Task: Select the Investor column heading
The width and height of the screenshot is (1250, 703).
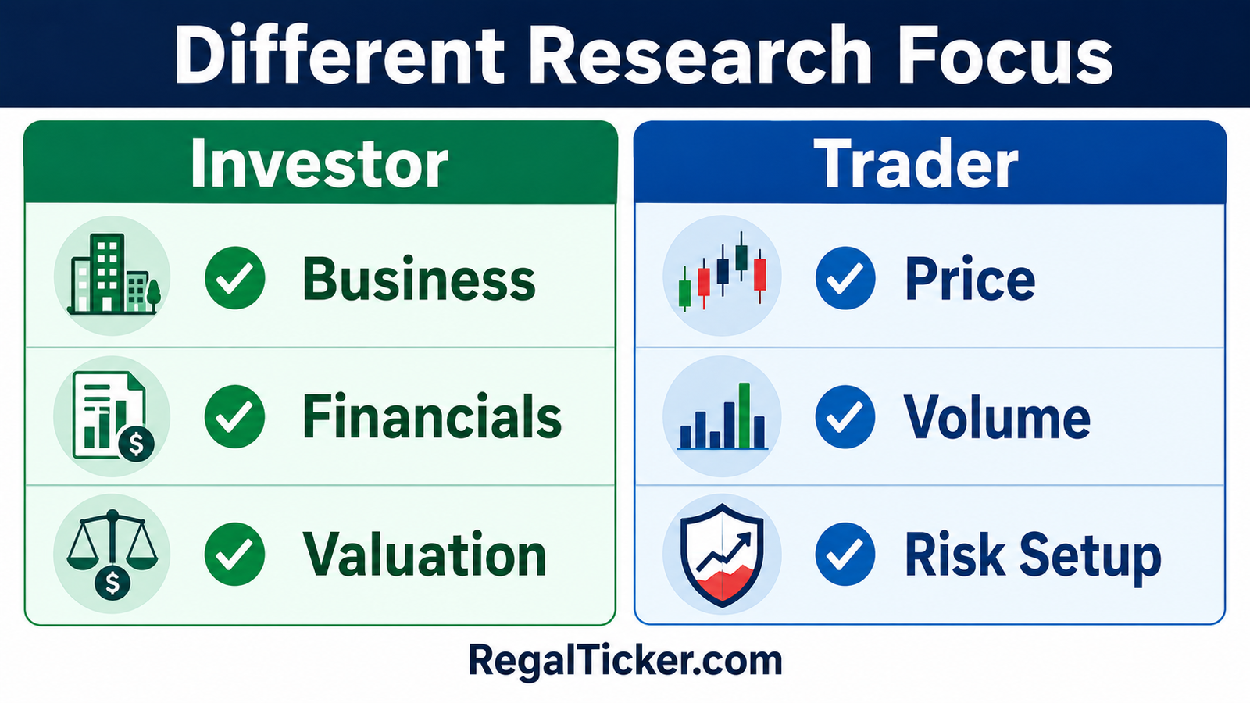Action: point(320,163)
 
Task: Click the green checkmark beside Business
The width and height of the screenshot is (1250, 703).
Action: point(234,278)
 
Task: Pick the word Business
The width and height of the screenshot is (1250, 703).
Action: point(419,278)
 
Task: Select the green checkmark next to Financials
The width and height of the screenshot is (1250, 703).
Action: point(234,416)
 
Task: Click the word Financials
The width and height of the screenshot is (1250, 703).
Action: point(432,416)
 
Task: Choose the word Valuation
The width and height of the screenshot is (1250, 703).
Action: point(424,554)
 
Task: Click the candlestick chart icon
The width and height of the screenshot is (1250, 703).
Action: point(722,271)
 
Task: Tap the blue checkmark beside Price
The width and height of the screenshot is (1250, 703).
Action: point(845,278)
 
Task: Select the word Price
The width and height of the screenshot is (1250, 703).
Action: point(970,278)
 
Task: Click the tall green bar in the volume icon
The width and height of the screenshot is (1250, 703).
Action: point(744,416)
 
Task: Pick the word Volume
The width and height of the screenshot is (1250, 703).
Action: point(997,417)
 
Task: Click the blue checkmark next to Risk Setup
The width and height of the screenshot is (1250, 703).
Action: point(845,554)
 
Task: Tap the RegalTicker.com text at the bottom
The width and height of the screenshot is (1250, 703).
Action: point(625,661)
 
